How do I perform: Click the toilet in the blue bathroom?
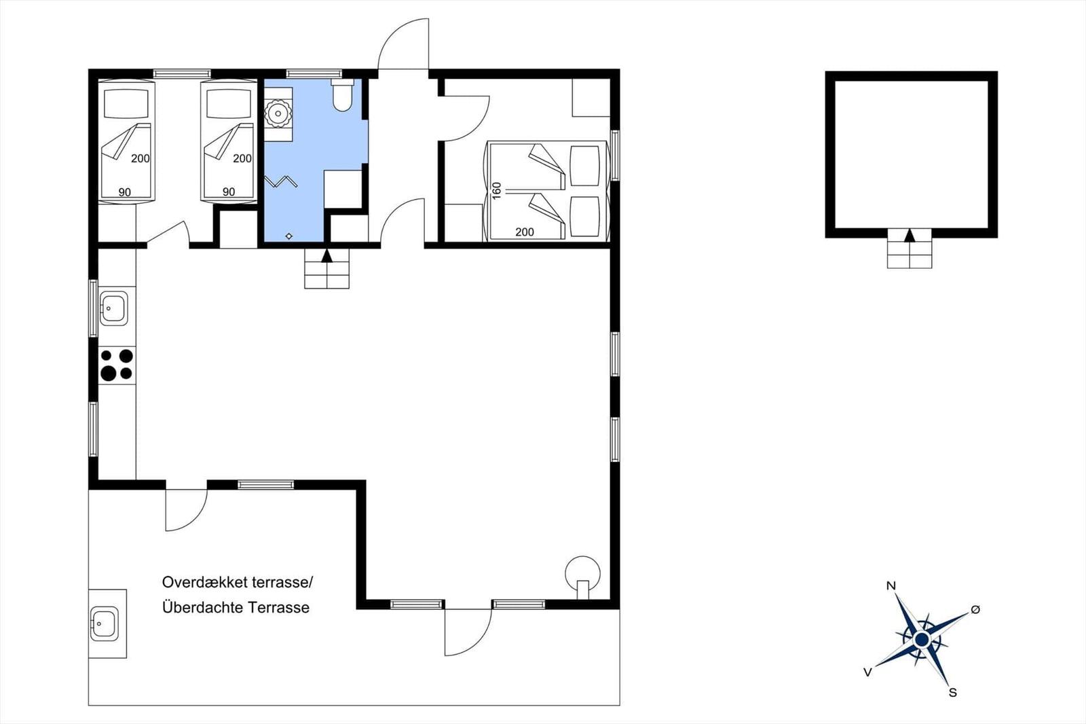342,95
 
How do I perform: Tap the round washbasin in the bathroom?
278,114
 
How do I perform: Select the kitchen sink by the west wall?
113,308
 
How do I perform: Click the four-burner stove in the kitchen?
117,365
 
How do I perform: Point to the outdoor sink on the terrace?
105,623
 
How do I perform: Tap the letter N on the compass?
891,585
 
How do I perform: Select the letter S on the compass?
953,693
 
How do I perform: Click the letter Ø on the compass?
975,609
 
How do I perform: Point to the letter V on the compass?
868,672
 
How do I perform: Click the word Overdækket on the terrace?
205,582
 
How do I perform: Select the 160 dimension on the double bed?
496,191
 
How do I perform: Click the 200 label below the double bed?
525,232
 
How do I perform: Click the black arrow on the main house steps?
326,255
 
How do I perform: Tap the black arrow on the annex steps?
910,236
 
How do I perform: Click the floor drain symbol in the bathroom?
289,236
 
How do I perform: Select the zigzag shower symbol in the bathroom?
281,181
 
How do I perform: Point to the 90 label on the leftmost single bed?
125,192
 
